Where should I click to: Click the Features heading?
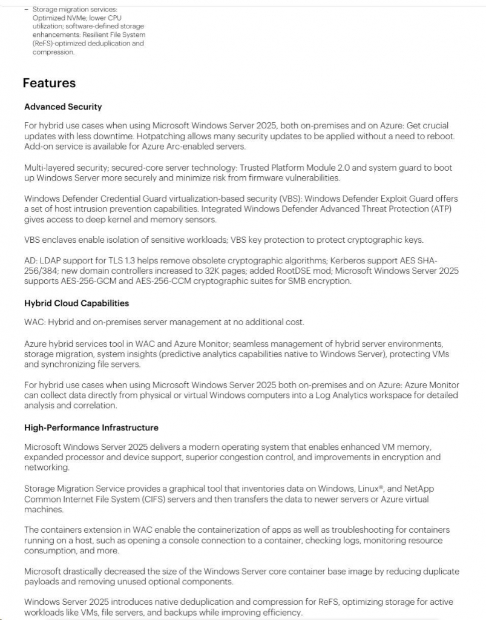[49, 83]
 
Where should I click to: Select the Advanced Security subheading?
[63, 107]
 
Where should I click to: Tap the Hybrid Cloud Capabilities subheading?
[76, 303]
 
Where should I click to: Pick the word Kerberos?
[350, 261]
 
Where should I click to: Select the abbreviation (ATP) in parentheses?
[439, 209]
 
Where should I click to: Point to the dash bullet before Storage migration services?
[26, 10]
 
